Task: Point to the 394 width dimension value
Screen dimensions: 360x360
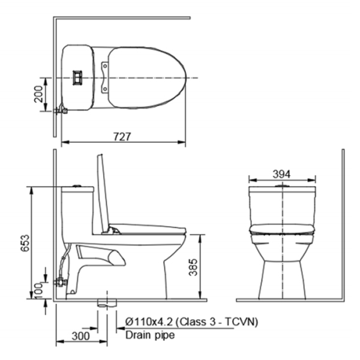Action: click(x=282, y=174)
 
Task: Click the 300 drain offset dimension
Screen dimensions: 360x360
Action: click(x=81, y=335)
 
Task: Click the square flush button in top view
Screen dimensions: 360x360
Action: click(x=77, y=77)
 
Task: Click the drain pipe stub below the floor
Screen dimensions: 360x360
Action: click(x=107, y=304)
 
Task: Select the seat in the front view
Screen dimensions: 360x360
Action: click(x=282, y=228)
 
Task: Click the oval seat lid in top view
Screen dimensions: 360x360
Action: click(x=147, y=77)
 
